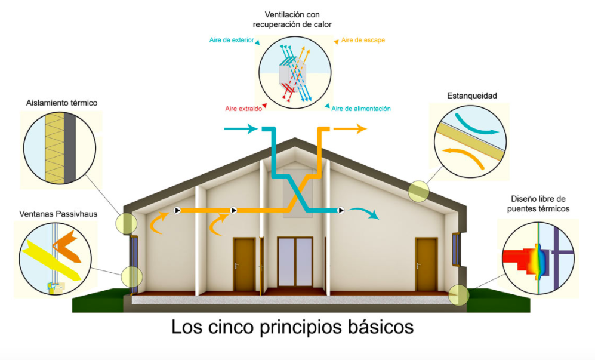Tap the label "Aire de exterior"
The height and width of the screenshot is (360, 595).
(232, 40)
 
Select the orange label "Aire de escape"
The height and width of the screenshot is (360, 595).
(363, 40)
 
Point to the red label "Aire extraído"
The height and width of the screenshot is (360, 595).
(243, 109)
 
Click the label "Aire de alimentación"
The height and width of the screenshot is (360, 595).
(361, 109)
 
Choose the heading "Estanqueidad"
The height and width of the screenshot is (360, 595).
(471, 96)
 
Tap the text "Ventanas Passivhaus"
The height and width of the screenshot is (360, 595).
(58, 214)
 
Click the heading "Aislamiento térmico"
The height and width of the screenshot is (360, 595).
(61, 103)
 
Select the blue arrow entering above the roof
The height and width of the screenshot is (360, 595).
(241, 129)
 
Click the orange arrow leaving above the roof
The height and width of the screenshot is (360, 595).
(350, 129)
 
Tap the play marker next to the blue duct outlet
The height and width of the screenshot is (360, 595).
(341, 210)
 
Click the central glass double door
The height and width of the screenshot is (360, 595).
(295, 262)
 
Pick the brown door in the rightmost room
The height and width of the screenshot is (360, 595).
(426, 264)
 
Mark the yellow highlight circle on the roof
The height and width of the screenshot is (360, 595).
(418, 192)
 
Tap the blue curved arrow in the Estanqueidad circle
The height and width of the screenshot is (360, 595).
(474, 125)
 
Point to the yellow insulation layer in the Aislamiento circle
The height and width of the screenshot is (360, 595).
(54, 148)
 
